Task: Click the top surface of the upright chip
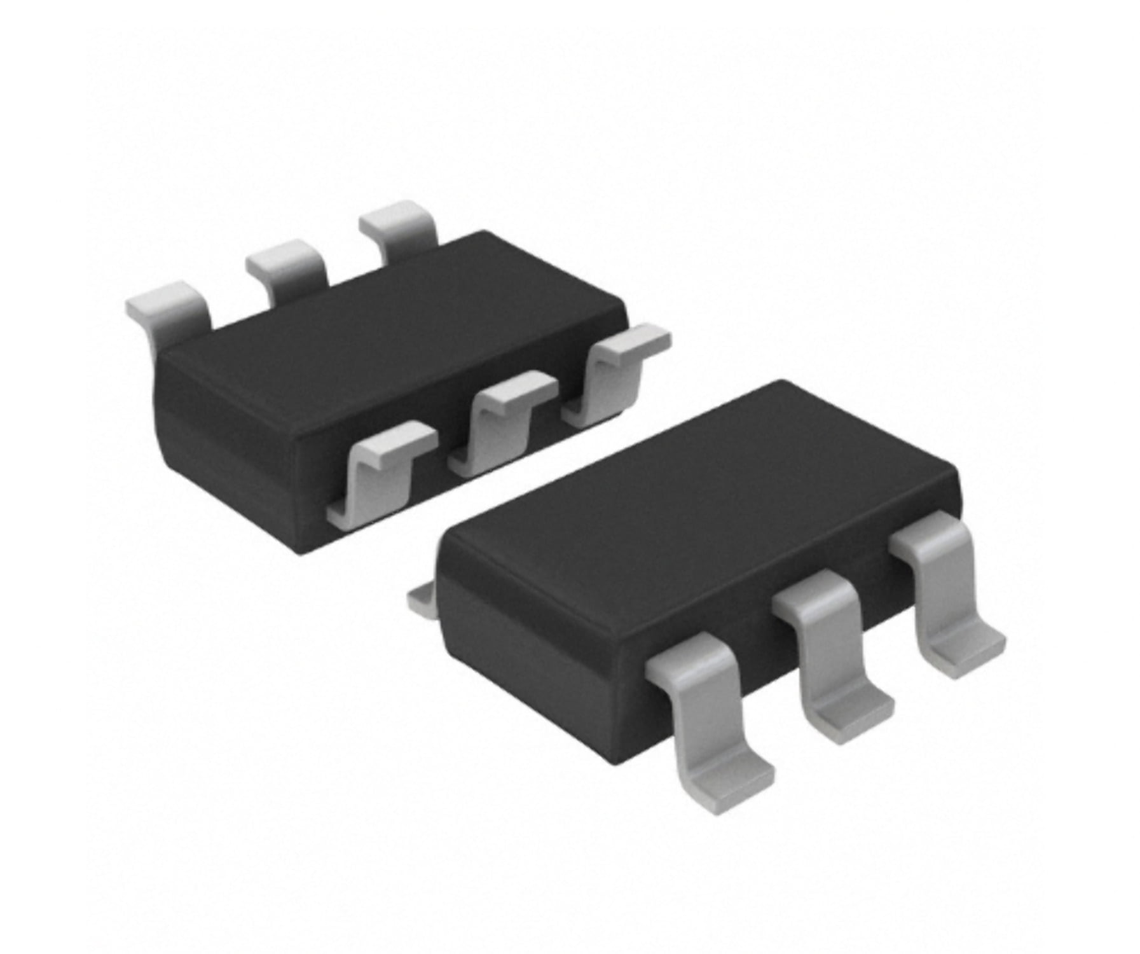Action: tap(699, 502)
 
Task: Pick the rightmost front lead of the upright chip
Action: tap(941, 591)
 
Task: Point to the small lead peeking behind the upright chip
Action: tap(420, 599)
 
